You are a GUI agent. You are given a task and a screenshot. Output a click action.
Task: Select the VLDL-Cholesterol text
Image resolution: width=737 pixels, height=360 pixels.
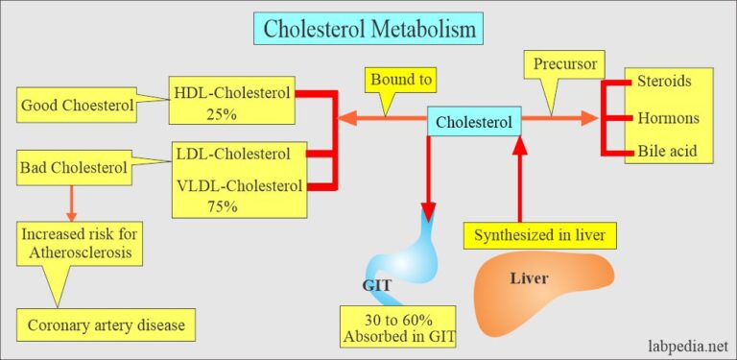pyautogui.click(x=238, y=186)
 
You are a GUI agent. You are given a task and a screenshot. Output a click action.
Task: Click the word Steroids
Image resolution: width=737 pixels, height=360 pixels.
pyautogui.click(x=663, y=84)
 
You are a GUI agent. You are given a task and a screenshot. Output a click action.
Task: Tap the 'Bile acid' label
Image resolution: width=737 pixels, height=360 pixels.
pyautogui.click(x=664, y=151)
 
